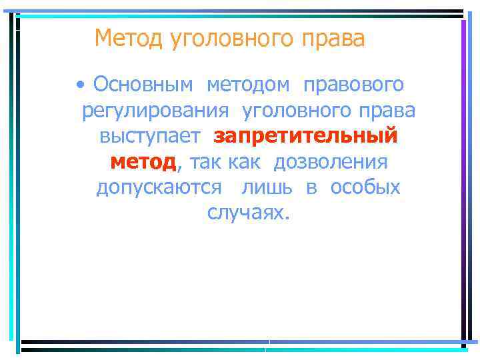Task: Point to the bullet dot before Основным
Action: (81, 85)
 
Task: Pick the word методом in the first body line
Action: (249, 85)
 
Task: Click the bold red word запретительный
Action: (306, 137)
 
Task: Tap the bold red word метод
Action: (143, 162)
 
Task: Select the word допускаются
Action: (159, 188)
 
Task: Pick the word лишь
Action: (267, 187)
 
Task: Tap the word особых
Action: (363, 187)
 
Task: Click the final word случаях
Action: (249, 213)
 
